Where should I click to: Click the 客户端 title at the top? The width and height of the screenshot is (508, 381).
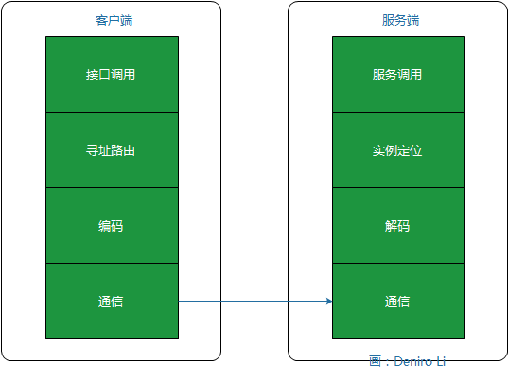coord(112,19)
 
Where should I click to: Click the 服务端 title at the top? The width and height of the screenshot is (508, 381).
coord(398,19)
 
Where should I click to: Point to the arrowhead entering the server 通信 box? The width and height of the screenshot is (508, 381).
coord(329,302)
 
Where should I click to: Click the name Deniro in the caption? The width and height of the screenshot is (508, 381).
coord(412,361)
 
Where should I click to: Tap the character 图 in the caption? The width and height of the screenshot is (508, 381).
coord(376,361)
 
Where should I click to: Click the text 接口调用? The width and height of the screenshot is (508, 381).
coord(112,75)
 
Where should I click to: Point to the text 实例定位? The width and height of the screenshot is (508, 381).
coord(398,150)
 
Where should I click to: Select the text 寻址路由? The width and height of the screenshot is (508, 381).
coord(112,150)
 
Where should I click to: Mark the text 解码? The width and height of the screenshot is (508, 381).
coord(398,226)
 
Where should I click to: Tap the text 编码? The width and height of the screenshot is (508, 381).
coord(112,226)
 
